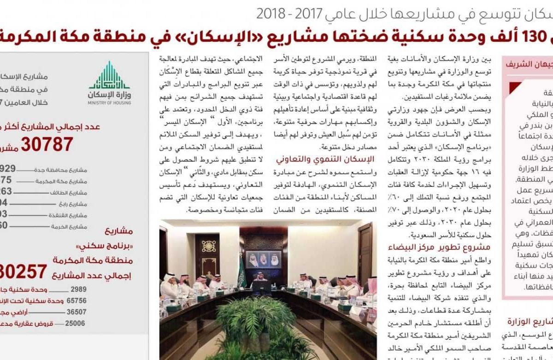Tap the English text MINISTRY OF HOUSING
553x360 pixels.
[x=109, y=103]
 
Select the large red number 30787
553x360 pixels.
[x=47, y=145]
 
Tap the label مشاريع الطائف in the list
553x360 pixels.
[x=70, y=193]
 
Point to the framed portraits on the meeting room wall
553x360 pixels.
[x=263, y=259]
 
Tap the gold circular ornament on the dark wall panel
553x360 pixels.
[x=208, y=246]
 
